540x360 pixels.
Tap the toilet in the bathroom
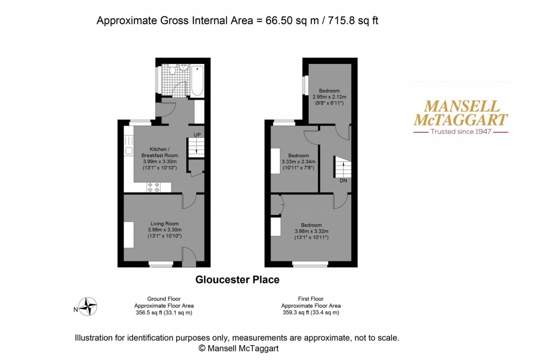pos(172,70)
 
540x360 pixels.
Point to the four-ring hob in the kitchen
pos(154,188)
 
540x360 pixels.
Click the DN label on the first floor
pos(343,180)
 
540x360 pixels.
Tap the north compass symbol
pos(87,306)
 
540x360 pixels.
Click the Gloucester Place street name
pos(237,280)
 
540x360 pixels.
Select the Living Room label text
pos(164,223)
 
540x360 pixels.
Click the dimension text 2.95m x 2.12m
pos(329,97)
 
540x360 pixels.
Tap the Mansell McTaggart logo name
pos(460,113)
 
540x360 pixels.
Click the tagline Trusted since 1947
pos(461,132)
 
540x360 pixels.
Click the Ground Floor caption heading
pos(164,298)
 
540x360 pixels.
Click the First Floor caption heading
pos(311,298)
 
